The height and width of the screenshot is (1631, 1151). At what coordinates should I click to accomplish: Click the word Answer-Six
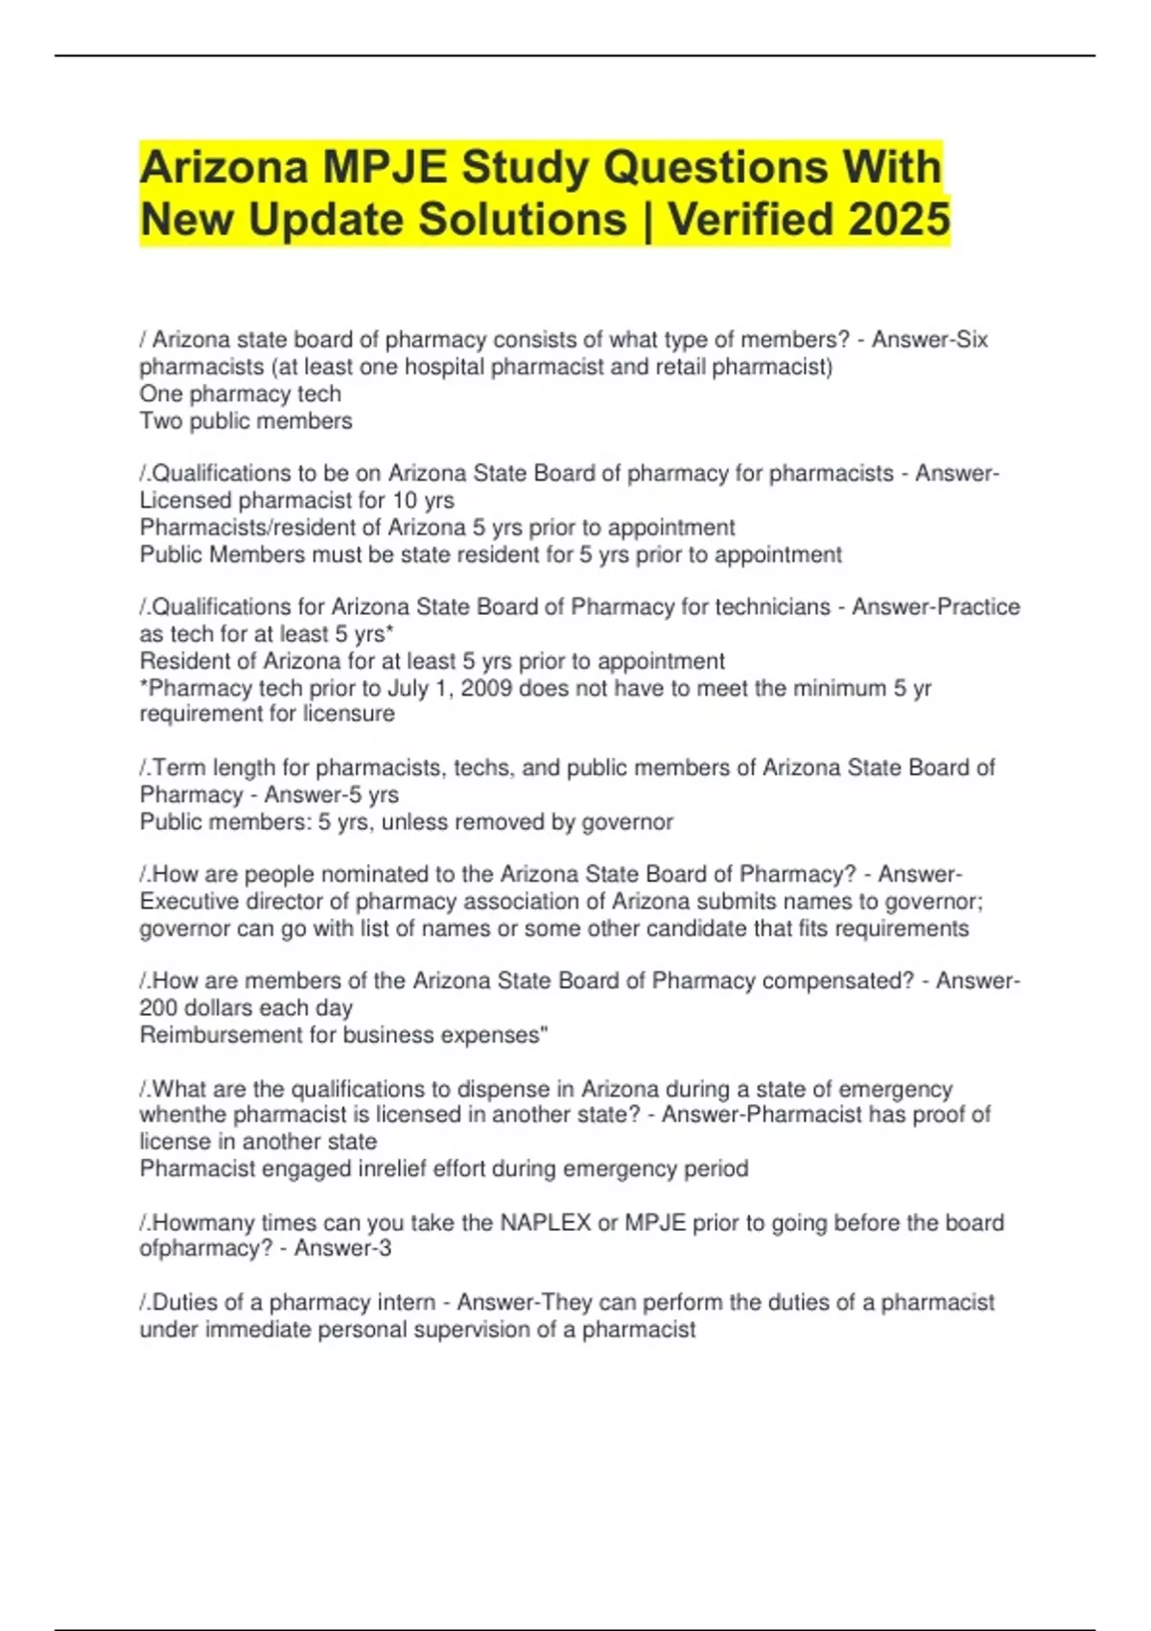point(929,340)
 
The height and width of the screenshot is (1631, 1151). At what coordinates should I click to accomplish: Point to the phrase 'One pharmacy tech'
point(240,394)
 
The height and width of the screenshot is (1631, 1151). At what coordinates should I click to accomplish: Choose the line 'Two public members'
point(246,421)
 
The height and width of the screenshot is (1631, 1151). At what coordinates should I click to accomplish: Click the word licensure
point(348,714)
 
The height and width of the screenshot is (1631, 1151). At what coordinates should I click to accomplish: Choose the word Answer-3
point(342,1248)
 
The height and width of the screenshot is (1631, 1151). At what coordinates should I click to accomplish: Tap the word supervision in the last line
point(485,1330)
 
